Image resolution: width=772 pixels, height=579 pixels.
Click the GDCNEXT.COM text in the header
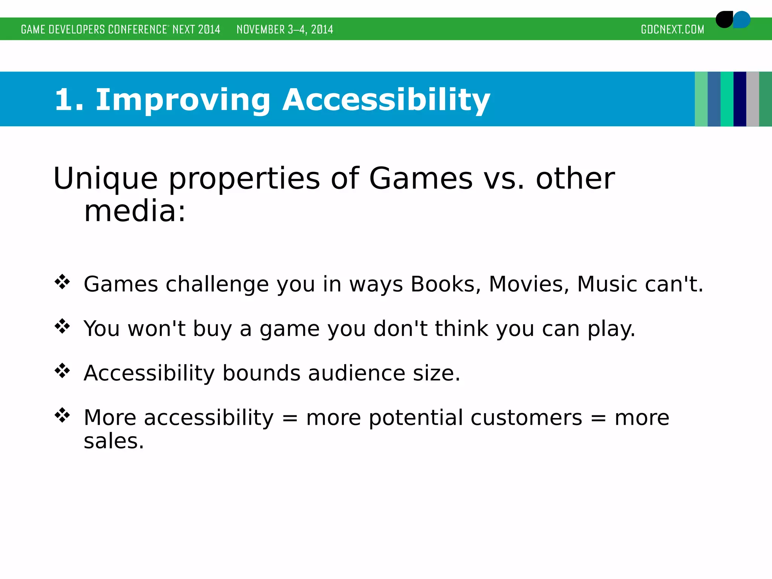click(672, 29)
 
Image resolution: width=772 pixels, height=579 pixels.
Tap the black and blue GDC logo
click(732, 20)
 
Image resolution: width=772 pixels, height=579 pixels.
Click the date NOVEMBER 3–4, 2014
click(285, 29)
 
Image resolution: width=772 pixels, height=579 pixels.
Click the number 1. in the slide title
click(69, 100)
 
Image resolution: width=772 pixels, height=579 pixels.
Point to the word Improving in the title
click(183, 100)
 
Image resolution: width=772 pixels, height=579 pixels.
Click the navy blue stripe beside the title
click(740, 99)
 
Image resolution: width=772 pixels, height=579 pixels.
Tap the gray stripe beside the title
click(752, 99)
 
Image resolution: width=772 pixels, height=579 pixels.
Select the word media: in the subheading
click(135, 211)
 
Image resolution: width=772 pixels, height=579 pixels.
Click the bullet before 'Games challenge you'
click(62, 282)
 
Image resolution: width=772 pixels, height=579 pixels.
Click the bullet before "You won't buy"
click(62, 326)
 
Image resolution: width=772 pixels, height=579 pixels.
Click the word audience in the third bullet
click(357, 373)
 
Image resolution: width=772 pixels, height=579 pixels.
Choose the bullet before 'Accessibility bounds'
click(62, 371)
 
